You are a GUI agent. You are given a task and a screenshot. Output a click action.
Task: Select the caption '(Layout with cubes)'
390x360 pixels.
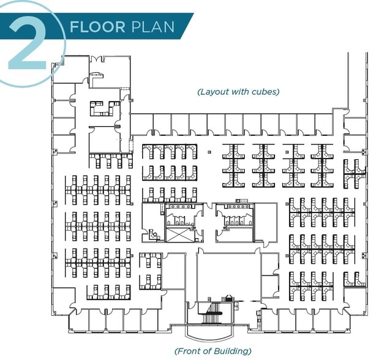coord(238,92)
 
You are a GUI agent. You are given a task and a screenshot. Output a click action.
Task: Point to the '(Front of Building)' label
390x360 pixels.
coord(212,351)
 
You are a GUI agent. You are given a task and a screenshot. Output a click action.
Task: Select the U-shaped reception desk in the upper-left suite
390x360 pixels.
coord(103,109)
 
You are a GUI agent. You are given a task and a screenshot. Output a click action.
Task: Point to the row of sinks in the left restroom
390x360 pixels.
coord(180,222)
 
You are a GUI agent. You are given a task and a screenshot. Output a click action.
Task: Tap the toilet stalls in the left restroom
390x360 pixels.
coord(180,210)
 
